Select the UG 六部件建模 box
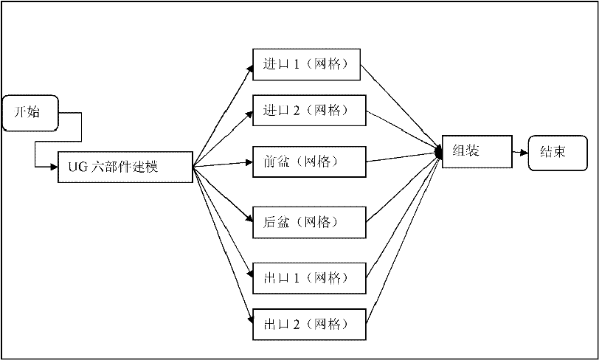coord(125,167)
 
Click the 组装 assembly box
coord(476,151)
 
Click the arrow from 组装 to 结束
coord(519,153)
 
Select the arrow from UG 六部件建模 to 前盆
coord(221,165)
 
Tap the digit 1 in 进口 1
coord(295,64)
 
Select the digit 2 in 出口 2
coord(295,323)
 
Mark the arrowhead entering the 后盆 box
coord(248,217)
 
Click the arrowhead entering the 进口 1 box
coord(248,68)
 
